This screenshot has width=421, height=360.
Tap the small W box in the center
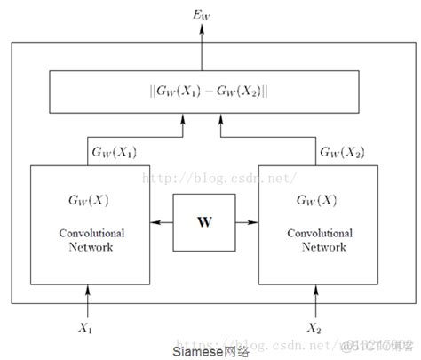203,215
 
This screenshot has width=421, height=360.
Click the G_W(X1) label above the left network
115,152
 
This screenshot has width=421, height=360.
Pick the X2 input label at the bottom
314,327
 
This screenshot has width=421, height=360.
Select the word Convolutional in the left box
90,233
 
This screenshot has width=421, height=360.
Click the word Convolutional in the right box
314,233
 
